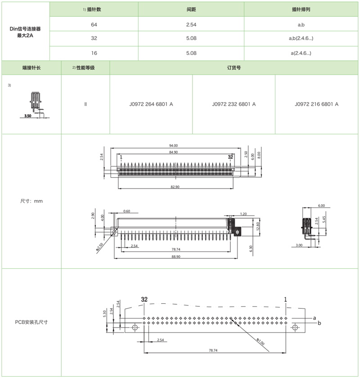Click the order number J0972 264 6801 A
tap(151, 104)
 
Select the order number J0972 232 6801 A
tap(234, 104)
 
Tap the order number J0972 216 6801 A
tap(317, 104)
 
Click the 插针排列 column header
tap(301, 9)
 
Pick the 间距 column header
tap(191, 9)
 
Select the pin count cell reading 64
tap(94, 24)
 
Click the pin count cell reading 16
tap(94, 53)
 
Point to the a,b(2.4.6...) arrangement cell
tap(301, 38)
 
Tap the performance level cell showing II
tap(85, 104)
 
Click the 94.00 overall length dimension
tap(173, 145)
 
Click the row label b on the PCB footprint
tap(319, 323)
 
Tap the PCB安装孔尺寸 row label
tap(31, 322)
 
